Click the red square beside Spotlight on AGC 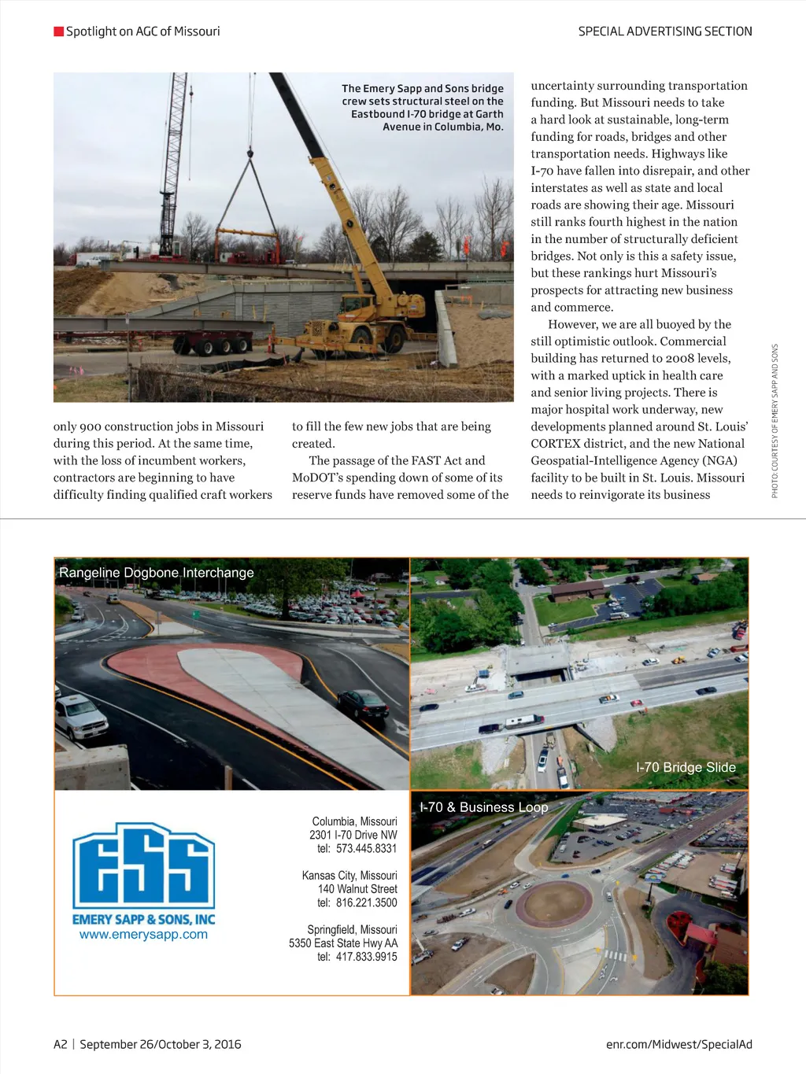(58, 31)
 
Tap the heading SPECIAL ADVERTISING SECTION (664, 31)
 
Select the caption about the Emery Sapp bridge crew (423, 108)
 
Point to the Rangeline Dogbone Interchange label (157, 573)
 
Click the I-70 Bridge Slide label (686, 767)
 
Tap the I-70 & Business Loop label (483, 807)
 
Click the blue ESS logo (143, 865)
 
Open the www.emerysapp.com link (143, 935)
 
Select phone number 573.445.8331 (366, 849)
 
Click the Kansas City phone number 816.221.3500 (366, 903)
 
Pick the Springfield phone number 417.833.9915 (366, 958)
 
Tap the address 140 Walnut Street (357, 889)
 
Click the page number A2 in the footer (61, 1044)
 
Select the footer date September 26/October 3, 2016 (161, 1044)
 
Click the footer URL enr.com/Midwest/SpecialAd (678, 1044)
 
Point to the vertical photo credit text (775, 421)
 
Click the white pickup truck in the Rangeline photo (81, 717)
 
